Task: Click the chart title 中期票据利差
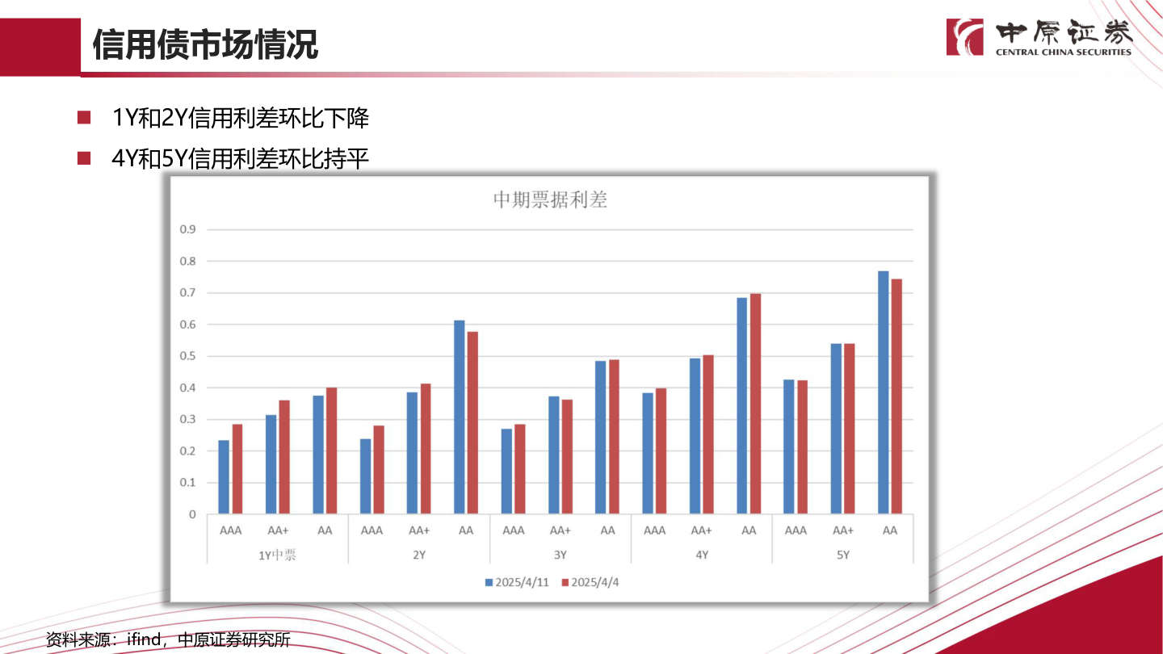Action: tap(549, 200)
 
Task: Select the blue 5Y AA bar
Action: tap(884, 392)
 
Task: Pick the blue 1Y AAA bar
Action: tap(224, 476)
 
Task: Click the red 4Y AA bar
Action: tap(756, 404)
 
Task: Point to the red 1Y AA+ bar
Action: tap(284, 457)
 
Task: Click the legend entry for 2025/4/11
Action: tap(517, 583)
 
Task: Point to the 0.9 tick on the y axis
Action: tap(187, 229)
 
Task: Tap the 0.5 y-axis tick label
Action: tap(187, 356)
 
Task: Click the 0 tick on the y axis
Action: tap(192, 514)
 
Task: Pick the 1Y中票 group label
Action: tap(277, 555)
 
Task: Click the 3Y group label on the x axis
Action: tap(560, 555)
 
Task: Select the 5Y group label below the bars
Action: tap(843, 555)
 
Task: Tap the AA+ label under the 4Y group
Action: tap(701, 530)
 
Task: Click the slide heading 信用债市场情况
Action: tap(205, 45)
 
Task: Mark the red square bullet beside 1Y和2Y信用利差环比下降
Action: tap(83, 118)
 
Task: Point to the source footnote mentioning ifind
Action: tap(168, 640)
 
